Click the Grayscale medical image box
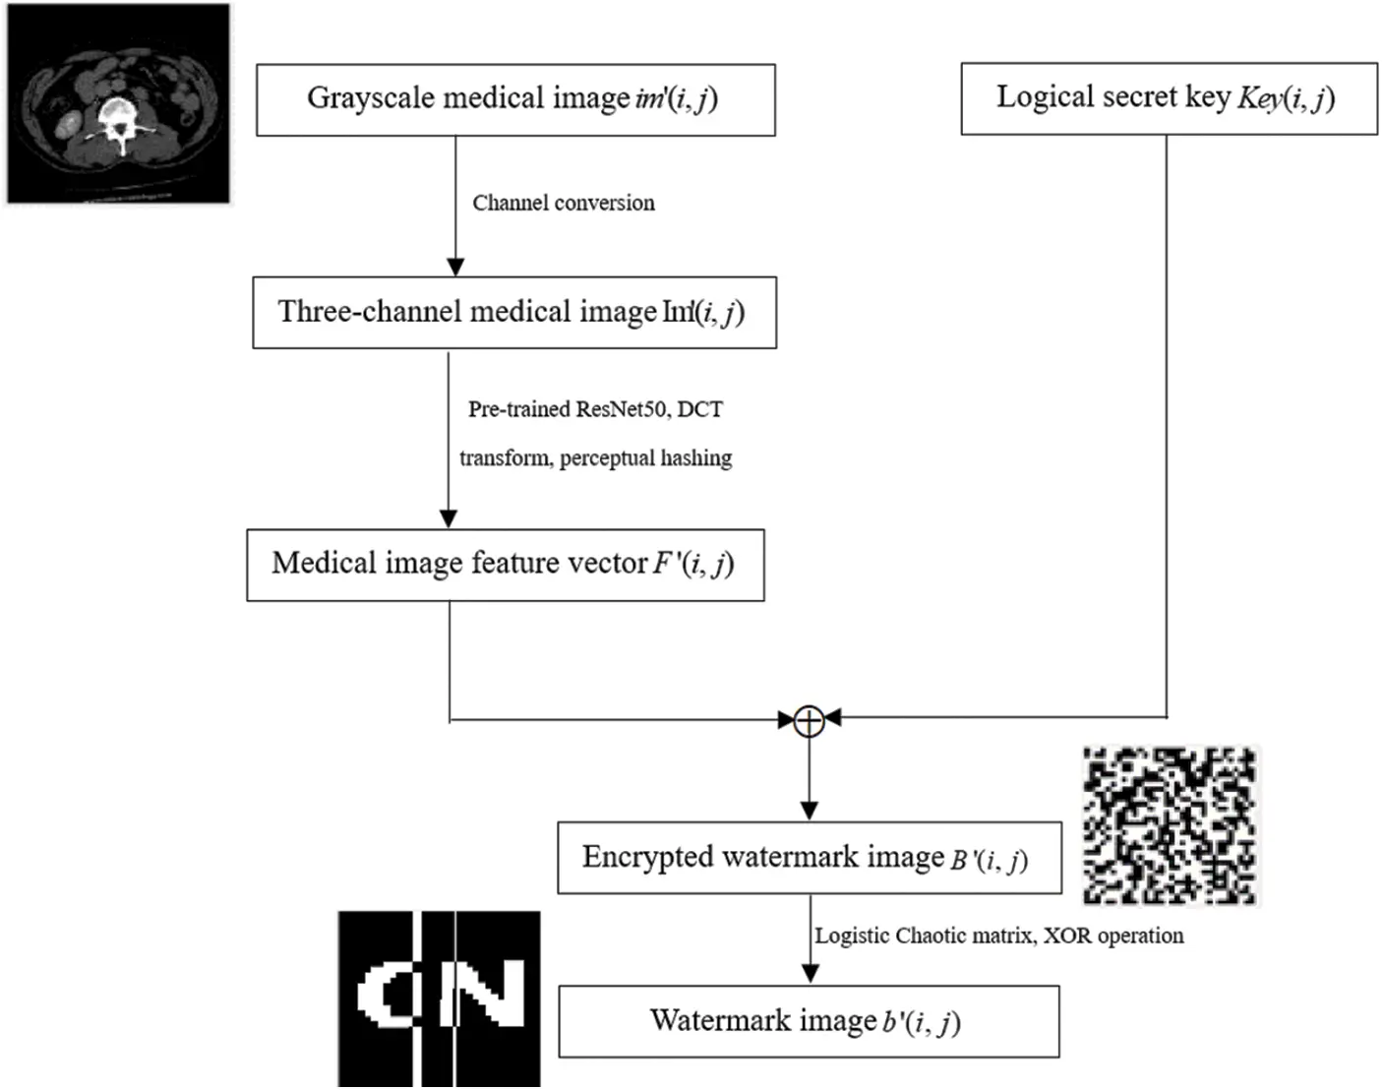[x=515, y=99]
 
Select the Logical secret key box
[x=1169, y=98]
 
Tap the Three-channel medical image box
[x=514, y=313]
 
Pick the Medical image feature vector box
[x=505, y=565]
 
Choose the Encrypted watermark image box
[x=809, y=858]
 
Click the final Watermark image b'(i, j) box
[x=809, y=1021]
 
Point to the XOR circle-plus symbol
[x=809, y=721]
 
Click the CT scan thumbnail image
[x=118, y=103]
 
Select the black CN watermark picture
[x=439, y=998]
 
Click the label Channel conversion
[x=563, y=203]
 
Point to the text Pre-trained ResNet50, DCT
[x=595, y=409]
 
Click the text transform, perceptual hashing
[x=595, y=458]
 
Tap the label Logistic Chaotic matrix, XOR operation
[x=998, y=936]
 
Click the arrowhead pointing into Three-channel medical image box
[x=454, y=267]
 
